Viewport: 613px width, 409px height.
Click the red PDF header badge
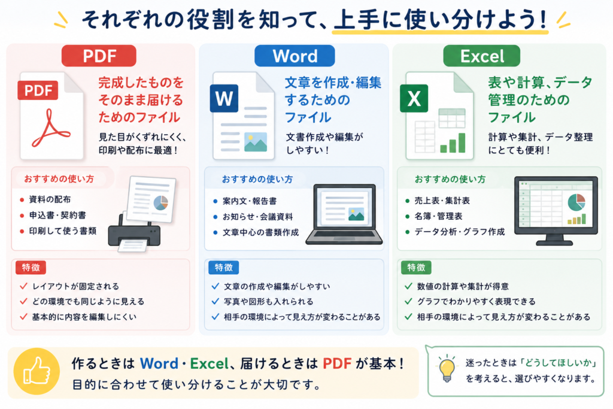point(99,56)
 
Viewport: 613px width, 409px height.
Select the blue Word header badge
point(295,56)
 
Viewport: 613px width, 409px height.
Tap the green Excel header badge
point(482,56)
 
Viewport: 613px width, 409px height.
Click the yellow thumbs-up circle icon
point(37,371)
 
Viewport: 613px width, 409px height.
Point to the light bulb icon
point(447,368)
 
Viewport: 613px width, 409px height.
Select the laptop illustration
point(344,214)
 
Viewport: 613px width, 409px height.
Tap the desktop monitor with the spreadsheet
point(556,211)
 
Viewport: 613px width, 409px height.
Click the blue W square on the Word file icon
point(224,98)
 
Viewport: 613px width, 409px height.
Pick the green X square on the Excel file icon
point(414,98)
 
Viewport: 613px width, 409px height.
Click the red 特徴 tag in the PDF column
point(31,268)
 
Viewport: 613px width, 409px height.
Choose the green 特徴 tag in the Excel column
point(417,268)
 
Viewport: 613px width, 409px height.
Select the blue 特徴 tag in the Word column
point(224,268)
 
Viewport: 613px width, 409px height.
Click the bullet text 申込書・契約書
point(58,216)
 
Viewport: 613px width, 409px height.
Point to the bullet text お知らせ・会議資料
point(257,217)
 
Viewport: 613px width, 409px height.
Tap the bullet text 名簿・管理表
point(439,216)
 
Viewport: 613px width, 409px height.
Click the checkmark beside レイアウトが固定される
point(23,286)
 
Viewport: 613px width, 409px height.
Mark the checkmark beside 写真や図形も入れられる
point(216,301)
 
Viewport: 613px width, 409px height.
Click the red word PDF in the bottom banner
point(337,363)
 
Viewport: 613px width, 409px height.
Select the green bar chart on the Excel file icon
point(453,143)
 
